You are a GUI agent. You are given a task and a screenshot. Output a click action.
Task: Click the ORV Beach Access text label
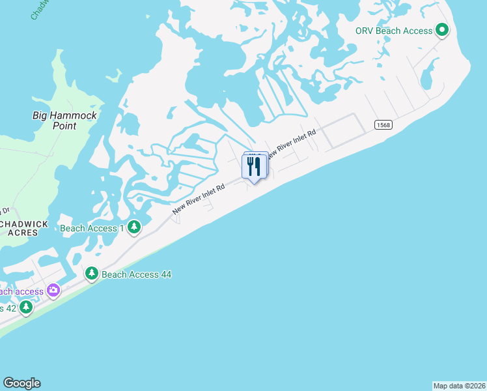click(x=393, y=31)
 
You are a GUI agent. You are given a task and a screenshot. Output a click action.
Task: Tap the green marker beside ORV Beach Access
click(x=442, y=29)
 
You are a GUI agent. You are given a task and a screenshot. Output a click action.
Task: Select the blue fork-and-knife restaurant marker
click(x=254, y=166)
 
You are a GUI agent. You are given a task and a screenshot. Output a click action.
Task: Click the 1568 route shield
click(x=383, y=125)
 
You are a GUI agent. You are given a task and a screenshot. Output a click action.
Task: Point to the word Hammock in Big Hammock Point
click(x=73, y=115)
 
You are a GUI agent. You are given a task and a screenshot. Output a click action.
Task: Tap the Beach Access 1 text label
click(x=92, y=228)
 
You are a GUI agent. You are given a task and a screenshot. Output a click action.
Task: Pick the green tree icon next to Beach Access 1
click(x=134, y=227)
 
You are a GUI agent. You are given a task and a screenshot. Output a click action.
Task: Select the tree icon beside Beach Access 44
click(x=92, y=274)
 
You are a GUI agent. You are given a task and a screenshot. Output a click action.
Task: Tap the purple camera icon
click(x=53, y=290)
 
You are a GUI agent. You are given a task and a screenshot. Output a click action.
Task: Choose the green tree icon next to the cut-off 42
click(x=25, y=306)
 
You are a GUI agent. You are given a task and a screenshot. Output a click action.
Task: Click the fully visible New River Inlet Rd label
click(x=199, y=199)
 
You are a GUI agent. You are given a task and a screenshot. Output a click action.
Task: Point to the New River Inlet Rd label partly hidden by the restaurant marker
click(x=291, y=141)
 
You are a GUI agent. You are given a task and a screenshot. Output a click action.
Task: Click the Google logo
click(x=21, y=383)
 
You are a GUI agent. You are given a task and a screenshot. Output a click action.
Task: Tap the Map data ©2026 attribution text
click(x=459, y=386)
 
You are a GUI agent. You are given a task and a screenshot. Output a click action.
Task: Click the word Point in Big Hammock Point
click(x=65, y=126)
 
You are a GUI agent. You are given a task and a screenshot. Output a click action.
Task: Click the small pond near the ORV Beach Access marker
click(x=428, y=78)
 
